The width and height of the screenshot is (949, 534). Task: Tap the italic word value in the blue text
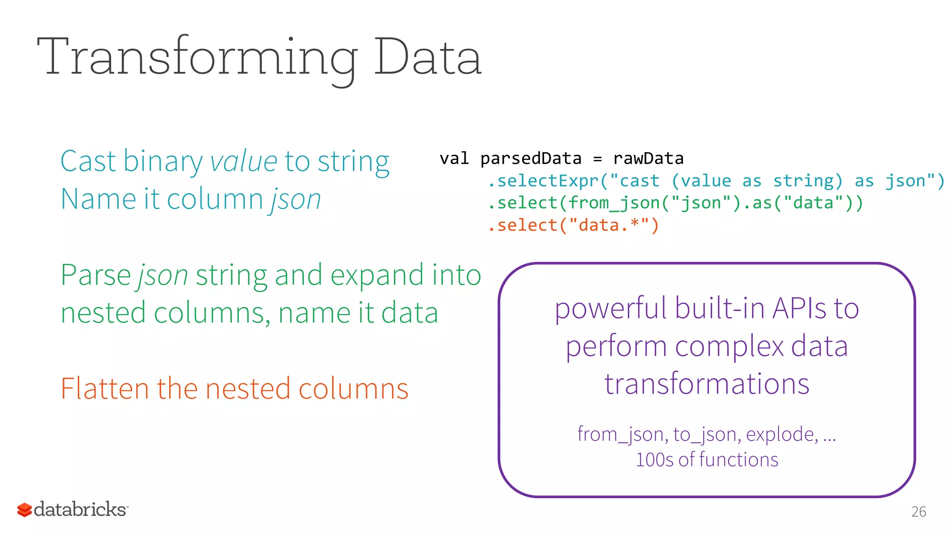[x=244, y=161]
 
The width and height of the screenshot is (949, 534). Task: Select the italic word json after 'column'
[x=296, y=200]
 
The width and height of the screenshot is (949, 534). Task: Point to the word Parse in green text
[x=96, y=275]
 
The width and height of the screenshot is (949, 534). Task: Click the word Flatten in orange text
[x=105, y=388]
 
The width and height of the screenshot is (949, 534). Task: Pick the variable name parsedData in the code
[x=531, y=159]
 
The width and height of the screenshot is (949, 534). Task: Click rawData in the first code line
[x=648, y=159]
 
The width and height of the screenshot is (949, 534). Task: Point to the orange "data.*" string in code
[x=608, y=225]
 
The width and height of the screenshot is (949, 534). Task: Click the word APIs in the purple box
[x=799, y=308]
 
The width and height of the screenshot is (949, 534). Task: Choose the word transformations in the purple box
[x=707, y=384]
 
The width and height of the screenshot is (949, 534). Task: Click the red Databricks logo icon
[x=25, y=510]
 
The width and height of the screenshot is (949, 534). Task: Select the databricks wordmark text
[x=80, y=509]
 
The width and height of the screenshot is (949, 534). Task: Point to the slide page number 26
[x=918, y=512]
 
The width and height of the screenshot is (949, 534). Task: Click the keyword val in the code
[x=454, y=159]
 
